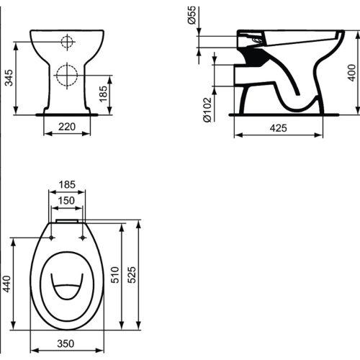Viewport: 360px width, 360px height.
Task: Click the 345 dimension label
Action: [9, 78]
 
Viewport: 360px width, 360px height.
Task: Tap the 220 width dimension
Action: [67, 127]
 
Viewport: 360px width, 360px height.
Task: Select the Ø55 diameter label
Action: [192, 15]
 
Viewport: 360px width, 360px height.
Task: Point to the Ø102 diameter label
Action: [207, 109]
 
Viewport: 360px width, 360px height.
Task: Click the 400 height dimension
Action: [351, 73]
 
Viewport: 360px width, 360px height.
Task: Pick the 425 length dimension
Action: [278, 128]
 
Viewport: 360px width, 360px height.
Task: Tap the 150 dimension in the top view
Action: [66, 200]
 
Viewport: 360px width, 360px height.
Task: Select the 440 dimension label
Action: [6, 284]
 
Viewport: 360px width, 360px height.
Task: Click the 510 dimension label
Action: [115, 275]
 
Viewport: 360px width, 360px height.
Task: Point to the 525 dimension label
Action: [131, 275]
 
